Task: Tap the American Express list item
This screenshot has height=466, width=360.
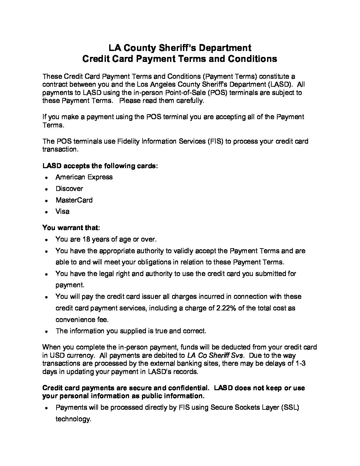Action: click(x=84, y=177)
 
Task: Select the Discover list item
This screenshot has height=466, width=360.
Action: click(x=69, y=189)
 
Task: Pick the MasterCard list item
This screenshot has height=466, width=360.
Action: click(x=74, y=200)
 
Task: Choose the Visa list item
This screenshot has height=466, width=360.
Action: click(x=63, y=211)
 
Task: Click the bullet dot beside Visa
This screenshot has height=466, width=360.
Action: click(x=47, y=212)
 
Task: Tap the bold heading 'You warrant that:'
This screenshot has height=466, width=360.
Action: click(x=71, y=228)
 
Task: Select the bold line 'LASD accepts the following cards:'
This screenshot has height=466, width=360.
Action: click(x=100, y=166)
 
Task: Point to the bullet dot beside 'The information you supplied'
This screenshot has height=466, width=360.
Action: click(x=47, y=331)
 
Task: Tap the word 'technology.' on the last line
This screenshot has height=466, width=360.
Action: click(x=73, y=419)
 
